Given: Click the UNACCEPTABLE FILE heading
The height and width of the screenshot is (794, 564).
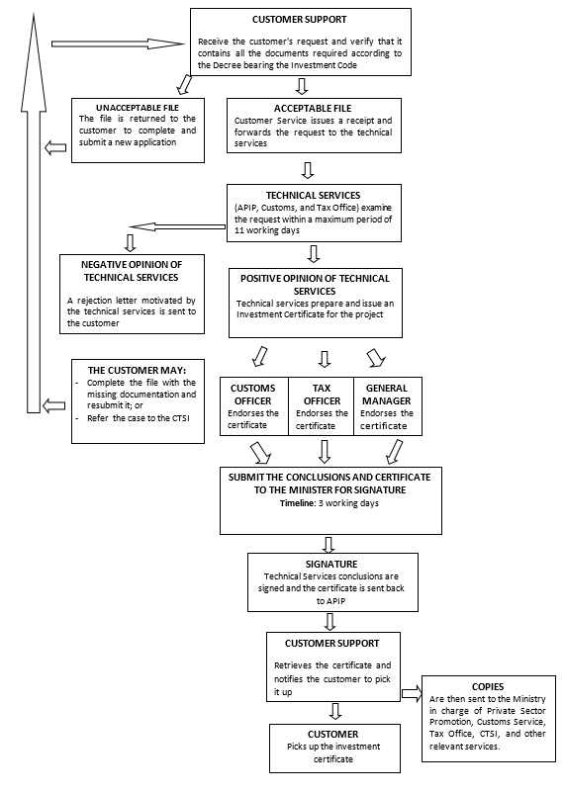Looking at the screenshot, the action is (138, 108).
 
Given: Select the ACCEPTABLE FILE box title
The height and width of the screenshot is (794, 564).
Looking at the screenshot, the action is (313, 109).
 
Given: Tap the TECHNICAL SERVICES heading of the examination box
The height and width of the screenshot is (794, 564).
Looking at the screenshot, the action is (313, 196).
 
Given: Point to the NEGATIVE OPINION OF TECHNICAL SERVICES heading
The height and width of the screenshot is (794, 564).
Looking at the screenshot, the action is (132, 271).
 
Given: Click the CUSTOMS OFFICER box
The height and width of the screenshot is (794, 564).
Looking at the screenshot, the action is (254, 406).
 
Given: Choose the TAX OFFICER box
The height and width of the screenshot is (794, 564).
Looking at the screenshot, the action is (321, 406).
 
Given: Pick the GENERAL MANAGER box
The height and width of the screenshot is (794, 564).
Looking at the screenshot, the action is (388, 406).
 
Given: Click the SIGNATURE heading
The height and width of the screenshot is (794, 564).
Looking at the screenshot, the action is (331, 564).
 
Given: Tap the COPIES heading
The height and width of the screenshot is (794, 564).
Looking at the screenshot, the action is (488, 687).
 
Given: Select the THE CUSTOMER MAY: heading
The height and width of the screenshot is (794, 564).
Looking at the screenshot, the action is (137, 370).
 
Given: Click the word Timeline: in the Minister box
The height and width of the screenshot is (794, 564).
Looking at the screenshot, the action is (298, 503).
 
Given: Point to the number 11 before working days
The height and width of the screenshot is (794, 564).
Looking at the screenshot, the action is (239, 230).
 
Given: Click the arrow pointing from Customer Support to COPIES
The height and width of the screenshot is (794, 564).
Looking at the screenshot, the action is (412, 694).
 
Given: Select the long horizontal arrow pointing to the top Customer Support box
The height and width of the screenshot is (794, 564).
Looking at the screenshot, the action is (118, 44).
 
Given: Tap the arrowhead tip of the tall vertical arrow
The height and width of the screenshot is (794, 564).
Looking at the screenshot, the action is (34, 13).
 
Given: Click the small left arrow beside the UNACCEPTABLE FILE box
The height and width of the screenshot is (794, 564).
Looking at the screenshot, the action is (55, 148).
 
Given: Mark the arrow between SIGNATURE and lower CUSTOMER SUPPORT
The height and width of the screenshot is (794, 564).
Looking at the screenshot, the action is (330, 622).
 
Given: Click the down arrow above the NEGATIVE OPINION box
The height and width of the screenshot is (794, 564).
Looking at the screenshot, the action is (131, 242).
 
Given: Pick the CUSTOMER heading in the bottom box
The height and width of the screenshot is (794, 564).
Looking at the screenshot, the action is (332, 735).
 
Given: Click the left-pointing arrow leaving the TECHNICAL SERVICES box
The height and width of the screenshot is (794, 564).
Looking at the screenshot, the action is (177, 226).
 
